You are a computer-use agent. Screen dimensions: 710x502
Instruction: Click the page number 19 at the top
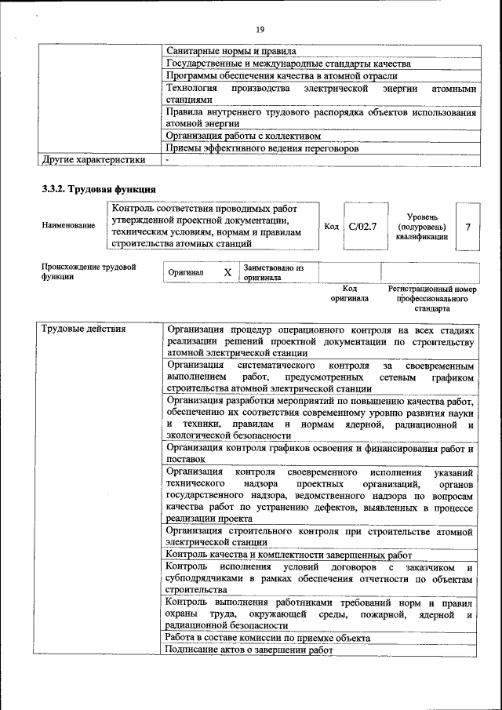point(259,29)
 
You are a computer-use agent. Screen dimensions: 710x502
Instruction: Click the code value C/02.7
point(362,226)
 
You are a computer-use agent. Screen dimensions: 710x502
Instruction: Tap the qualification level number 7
point(468,226)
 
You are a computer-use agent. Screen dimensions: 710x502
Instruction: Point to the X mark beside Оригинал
point(227,272)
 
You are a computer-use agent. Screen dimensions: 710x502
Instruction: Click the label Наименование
point(66,226)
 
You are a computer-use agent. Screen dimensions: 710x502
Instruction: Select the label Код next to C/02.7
point(331,226)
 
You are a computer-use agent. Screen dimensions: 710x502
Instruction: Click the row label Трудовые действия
point(83,329)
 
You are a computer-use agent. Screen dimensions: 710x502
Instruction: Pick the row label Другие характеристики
point(93,160)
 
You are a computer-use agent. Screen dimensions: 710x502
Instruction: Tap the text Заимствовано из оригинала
point(273,272)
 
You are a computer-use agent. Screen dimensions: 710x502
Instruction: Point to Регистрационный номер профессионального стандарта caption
point(432,299)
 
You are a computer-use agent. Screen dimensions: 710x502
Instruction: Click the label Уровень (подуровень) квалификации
point(422,226)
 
